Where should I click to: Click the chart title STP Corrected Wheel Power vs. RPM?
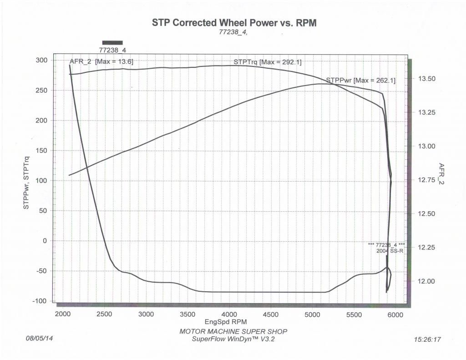coord(234,23)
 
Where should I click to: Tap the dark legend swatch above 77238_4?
coord(112,42)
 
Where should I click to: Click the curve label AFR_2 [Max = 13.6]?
coord(101,61)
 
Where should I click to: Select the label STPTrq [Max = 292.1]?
coord(268,62)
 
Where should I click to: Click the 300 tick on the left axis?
coord(42,61)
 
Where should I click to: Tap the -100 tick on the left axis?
coord(40,301)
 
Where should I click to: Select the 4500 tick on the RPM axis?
coord(271,314)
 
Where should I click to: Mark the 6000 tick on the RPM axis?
coord(395,314)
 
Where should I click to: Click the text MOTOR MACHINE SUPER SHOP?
coord(233,331)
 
